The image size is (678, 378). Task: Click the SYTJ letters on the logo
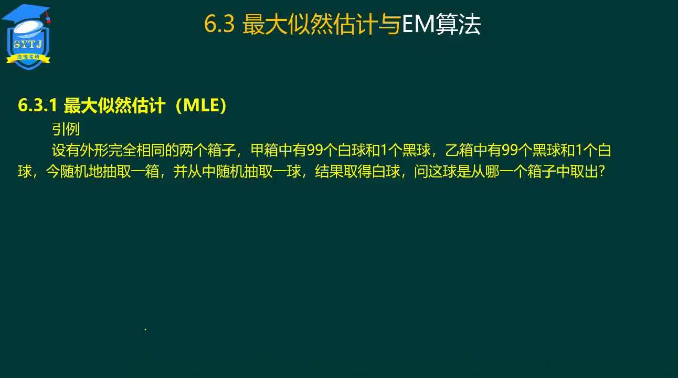coord(27,45)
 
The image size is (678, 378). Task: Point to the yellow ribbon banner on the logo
coord(28,58)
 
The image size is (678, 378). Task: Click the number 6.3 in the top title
coord(219,24)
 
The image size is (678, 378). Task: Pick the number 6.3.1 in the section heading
coord(38,106)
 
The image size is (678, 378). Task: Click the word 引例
coord(66,129)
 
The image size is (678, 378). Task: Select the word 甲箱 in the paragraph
coord(264,150)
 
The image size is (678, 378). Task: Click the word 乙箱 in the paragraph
coord(459,150)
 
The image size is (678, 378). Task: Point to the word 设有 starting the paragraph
coord(66,150)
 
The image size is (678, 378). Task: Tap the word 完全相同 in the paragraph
coord(136,150)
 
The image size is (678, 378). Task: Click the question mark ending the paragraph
coord(602,172)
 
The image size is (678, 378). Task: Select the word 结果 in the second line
coord(329,172)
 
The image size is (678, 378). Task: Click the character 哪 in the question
coord(492,172)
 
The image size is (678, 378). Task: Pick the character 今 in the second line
coord(52,172)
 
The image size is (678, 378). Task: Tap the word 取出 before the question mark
coord(584,172)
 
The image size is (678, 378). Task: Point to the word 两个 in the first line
coord(193,150)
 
